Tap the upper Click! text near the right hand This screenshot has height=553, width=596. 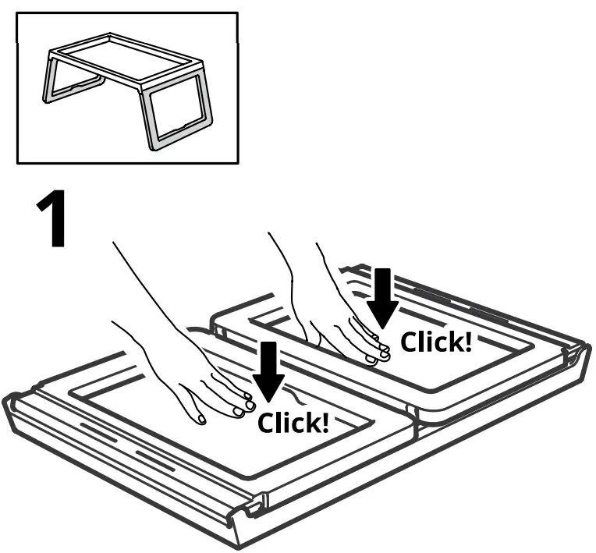pos(436,342)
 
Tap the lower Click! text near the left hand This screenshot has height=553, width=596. pos(293,423)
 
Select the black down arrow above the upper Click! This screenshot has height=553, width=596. pos(382,297)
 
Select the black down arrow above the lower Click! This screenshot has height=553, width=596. pos(269,370)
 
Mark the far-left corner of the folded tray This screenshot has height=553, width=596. pos(11,402)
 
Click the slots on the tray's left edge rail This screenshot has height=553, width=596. pos(117,445)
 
